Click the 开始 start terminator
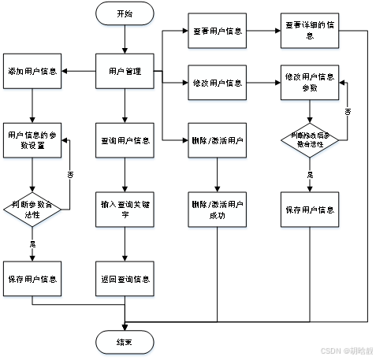[x=125, y=13]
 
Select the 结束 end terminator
[x=125, y=343]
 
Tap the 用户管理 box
[x=125, y=72]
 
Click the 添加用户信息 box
[x=32, y=72]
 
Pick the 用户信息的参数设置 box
[x=32, y=141]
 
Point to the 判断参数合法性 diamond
[x=32, y=209]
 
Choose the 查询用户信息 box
[x=125, y=141]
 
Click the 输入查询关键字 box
[x=125, y=210]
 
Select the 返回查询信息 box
[x=125, y=279]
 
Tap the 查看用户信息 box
[x=218, y=32]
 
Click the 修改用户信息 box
[x=218, y=83]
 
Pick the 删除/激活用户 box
[x=218, y=141]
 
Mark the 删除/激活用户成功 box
[x=218, y=210]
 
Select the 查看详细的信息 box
[x=310, y=30]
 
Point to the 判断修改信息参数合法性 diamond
[x=310, y=141]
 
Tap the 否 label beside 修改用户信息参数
[x=347, y=112]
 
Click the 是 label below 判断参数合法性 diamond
[x=32, y=243]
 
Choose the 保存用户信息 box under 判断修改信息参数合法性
[x=310, y=210]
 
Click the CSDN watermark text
[x=346, y=351]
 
